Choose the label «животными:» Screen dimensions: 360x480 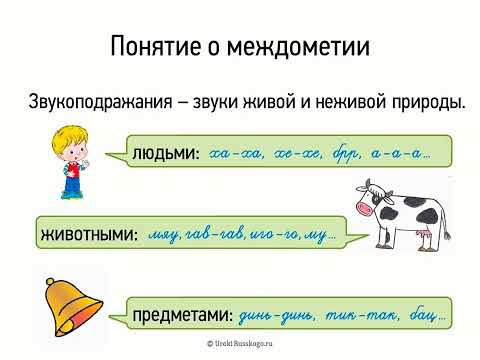[x=88, y=236]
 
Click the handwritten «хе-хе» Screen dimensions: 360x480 [x=301, y=154]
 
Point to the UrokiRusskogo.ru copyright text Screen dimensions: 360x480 [x=240, y=343]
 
